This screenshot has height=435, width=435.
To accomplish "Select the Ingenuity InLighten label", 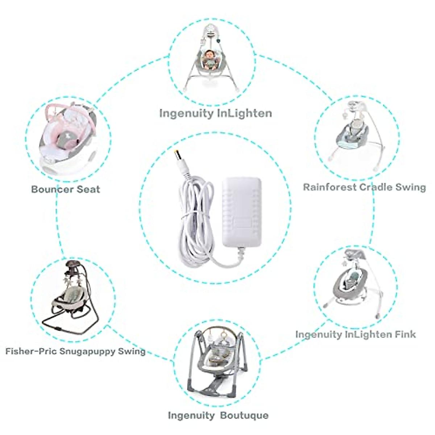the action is tap(216, 113).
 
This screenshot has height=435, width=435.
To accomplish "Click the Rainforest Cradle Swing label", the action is tap(364, 187).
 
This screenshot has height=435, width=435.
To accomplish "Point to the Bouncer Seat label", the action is tap(66, 189).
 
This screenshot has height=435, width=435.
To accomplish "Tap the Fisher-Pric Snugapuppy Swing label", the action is tap(75, 351).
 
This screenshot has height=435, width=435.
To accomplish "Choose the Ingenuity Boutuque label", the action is tap(218, 415).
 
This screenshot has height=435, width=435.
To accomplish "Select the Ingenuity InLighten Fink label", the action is tap(356, 334).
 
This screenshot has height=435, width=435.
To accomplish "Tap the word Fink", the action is tap(403, 334).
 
